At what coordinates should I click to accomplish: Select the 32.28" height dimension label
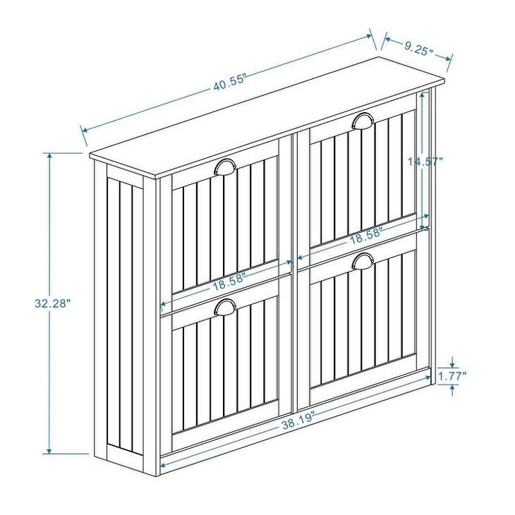tap(53, 304)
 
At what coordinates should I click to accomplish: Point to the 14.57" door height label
tap(425, 161)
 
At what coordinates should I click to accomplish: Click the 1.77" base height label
tap(452, 377)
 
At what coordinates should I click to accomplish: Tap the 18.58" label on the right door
tap(365, 237)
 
